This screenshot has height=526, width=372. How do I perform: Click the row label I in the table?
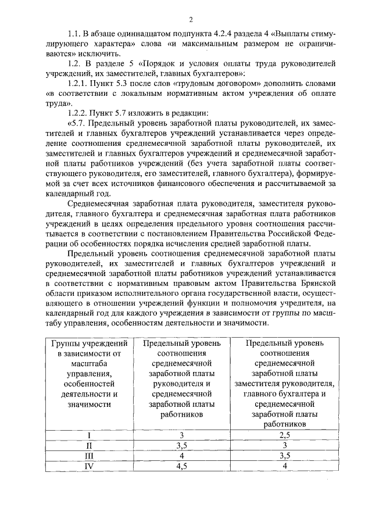coord(89,434)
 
